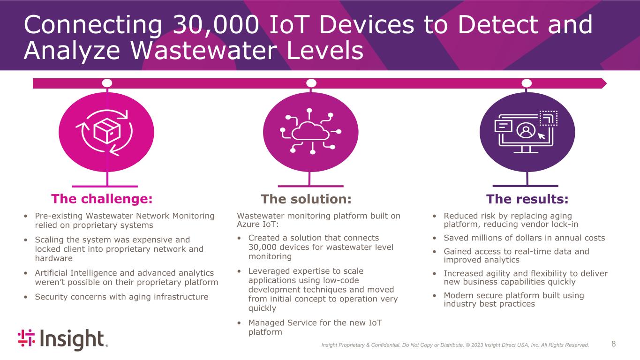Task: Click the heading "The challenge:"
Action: coord(102,199)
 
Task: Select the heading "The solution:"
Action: coord(306,199)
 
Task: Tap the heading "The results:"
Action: coord(527,199)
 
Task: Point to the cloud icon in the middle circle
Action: coord(310,131)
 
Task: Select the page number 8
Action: coord(614,345)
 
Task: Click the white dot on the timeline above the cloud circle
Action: coord(311,83)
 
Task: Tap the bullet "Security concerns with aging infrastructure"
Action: coord(121,297)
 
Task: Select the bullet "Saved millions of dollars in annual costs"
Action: coord(524,238)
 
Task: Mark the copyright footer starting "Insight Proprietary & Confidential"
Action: coord(455,345)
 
